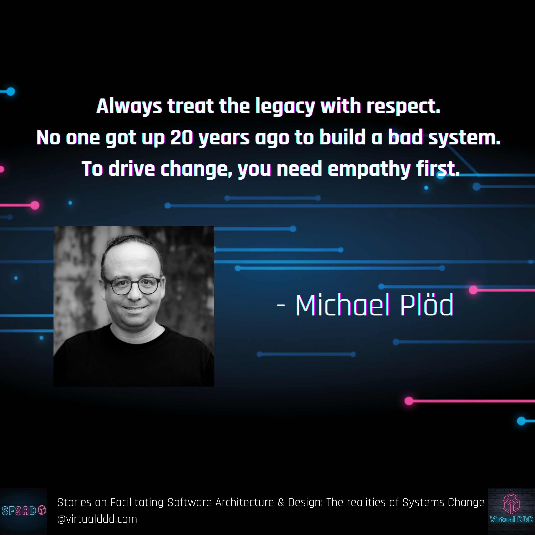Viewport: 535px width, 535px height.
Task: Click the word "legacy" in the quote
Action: [285, 107]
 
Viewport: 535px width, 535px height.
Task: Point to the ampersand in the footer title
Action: [281, 503]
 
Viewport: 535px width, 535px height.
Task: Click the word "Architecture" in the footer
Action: [244, 503]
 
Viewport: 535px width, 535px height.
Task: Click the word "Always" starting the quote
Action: [129, 107]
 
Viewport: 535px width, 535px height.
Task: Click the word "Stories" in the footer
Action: [74, 503]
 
